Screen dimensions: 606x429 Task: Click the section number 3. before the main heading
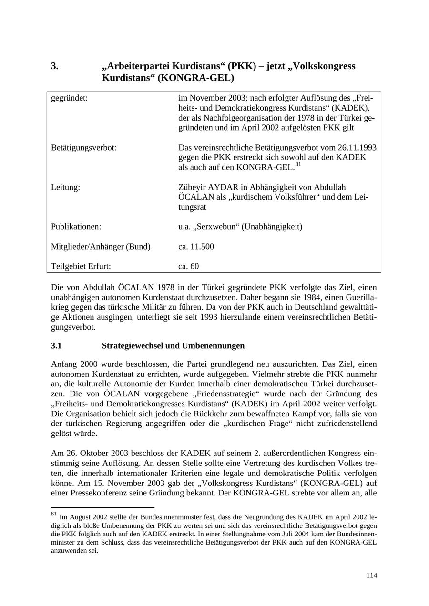(x=55, y=66)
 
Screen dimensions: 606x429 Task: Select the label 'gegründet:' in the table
(x=70, y=99)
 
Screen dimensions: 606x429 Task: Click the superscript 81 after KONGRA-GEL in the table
(x=298, y=165)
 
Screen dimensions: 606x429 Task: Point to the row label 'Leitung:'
(x=65, y=187)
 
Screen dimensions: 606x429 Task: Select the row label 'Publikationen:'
(x=76, y=227)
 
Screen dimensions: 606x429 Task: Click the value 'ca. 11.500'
(x=196, y=247)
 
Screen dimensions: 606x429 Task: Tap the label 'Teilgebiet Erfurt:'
(x=81, y=266)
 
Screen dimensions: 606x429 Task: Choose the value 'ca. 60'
(x=189, y=266)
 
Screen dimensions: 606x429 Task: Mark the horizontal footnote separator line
(x=102, y=507)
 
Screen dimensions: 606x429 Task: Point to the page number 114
(x=371, y=576)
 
